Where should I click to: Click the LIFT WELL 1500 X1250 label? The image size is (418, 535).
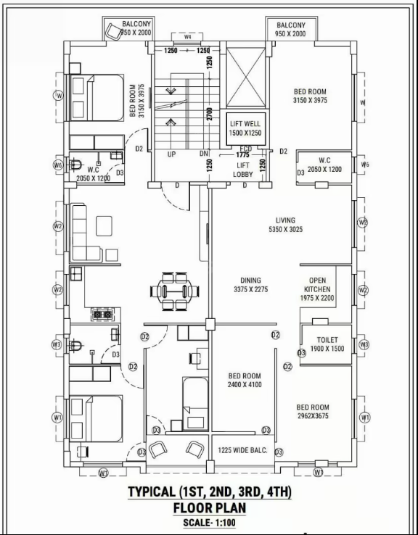coord(245,128)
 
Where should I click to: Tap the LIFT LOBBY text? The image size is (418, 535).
coord(242,170)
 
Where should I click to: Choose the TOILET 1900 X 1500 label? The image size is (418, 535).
coord(327,344)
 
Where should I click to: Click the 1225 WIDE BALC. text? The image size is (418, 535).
coord(242,450)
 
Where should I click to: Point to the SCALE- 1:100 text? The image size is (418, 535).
coord(209,522)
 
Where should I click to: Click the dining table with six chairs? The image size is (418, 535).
coord(178,290)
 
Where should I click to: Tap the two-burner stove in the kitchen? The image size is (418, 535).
coord(101,315)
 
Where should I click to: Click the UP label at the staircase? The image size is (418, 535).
coord(172,154)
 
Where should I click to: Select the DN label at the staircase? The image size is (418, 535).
coord(205,154)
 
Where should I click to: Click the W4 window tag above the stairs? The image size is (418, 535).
coord(188,36)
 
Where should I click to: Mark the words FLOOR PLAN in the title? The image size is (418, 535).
coord(209,507)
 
